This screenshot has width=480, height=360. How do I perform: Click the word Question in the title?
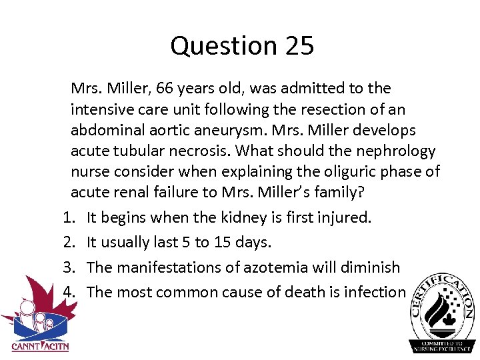[x=217, y=47]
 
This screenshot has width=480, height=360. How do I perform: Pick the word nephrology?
[x=390, y=151]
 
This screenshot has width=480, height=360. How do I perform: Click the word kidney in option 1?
[x=253, y=217]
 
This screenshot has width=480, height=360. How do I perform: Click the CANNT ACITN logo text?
[x=40, y=346]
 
